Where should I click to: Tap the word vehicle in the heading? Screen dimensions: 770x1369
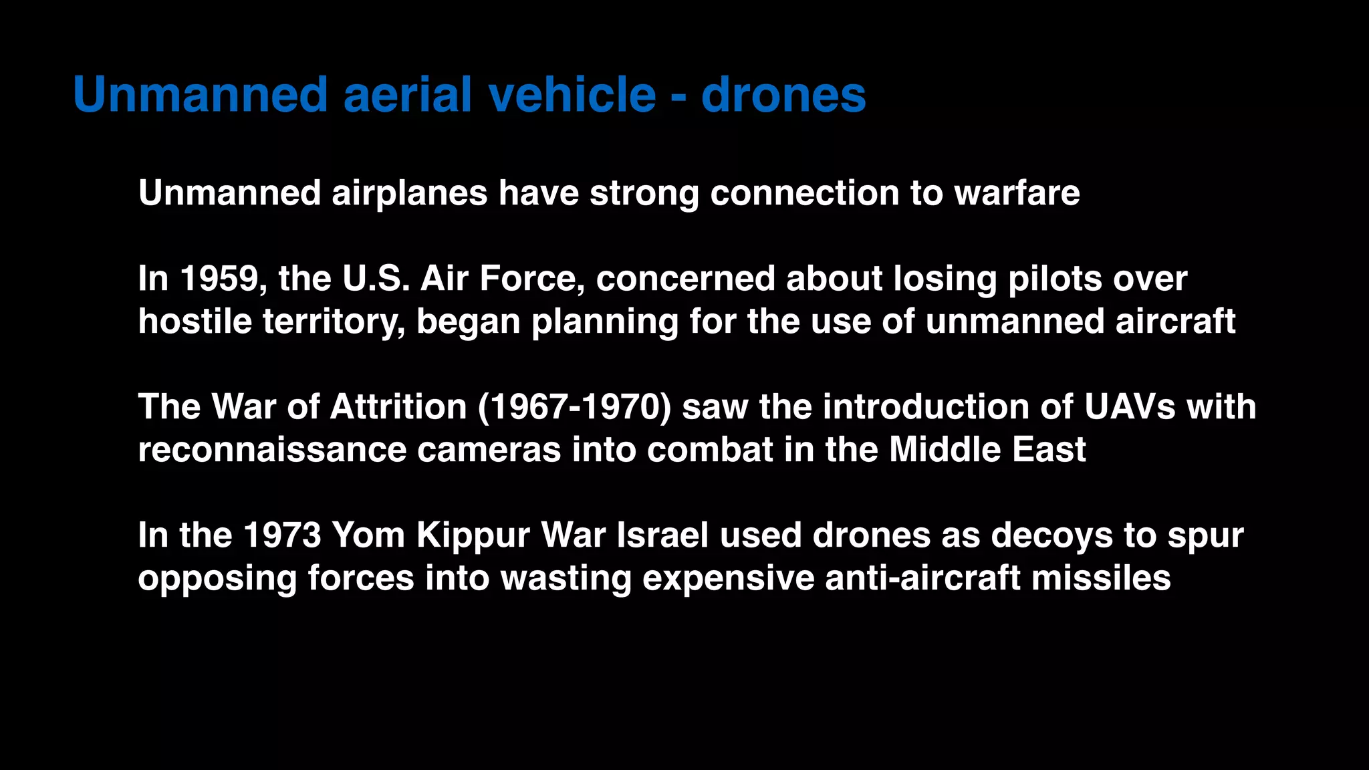click(x=572, y=94)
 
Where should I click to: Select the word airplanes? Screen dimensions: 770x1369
click(x=409, y=194)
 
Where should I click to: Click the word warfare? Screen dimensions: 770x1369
click(x=1017, y=193)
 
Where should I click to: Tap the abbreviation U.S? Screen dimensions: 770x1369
click(x=376, y=279)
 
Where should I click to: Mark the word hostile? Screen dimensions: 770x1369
click(x=195, y=322)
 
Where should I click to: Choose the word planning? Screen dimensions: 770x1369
click(x=605, y=323)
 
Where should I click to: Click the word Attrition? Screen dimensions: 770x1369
click(x=398, y=407)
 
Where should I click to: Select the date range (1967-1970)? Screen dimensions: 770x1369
click(x=574, y=407)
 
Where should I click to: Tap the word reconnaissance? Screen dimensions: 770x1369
click(x=272, y=450)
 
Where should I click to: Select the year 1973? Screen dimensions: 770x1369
click(x=282, y=535)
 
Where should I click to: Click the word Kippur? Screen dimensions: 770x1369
click(x=473, y=537)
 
